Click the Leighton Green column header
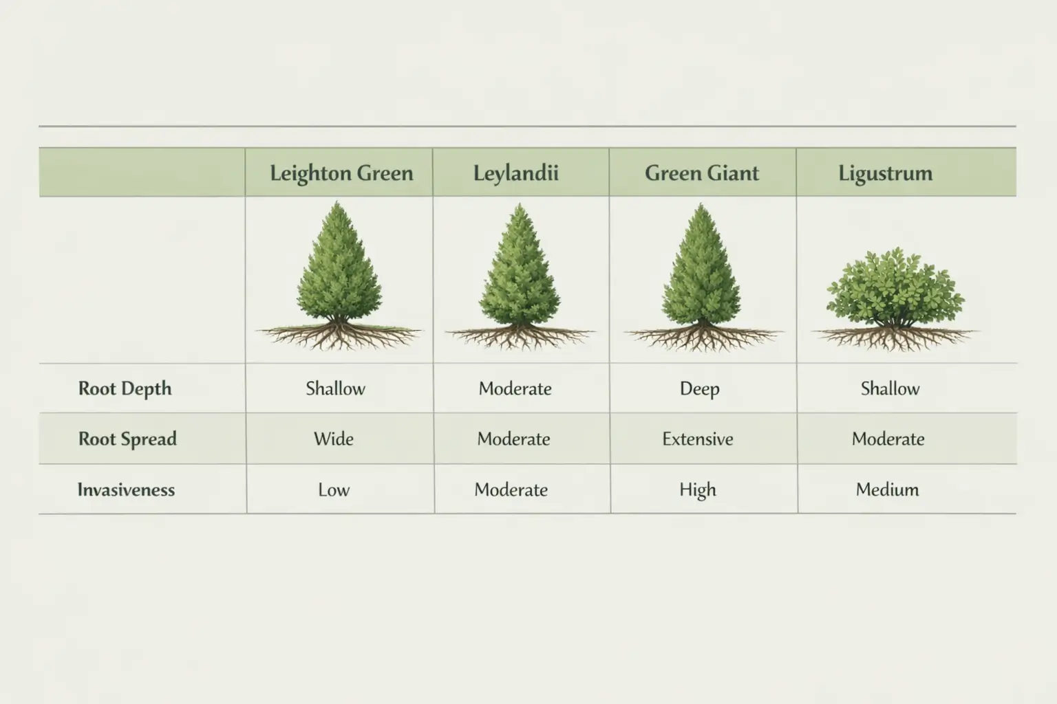(341, 173)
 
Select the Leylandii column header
(515, 173)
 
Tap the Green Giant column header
(701, 173)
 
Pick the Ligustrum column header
(885, 173)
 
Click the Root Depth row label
(125, 388)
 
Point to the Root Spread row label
(127, 439)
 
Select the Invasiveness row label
(126, 489)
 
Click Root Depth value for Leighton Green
(335, 388)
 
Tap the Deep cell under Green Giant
(699, 388)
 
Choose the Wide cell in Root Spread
(334, 439)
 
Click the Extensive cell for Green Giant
(698, 439)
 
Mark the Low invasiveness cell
(334, 489)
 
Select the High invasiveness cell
(698, 489)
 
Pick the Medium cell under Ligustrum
(887, 489)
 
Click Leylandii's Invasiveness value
(511, 489)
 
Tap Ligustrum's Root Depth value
(890, 388)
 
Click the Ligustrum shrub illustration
(894, 289)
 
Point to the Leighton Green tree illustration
(337, 268)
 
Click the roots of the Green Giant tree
(702, 337)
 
